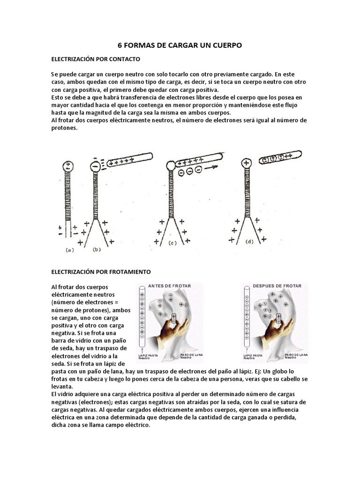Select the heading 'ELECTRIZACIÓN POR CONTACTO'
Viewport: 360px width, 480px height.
click(96, 60)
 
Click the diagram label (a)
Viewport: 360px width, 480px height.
click(69, 250)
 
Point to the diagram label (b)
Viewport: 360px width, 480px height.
click(97, 249)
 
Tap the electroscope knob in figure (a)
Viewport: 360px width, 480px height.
click(68, 165)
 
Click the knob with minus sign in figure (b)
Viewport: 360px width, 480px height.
click(96, 166)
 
